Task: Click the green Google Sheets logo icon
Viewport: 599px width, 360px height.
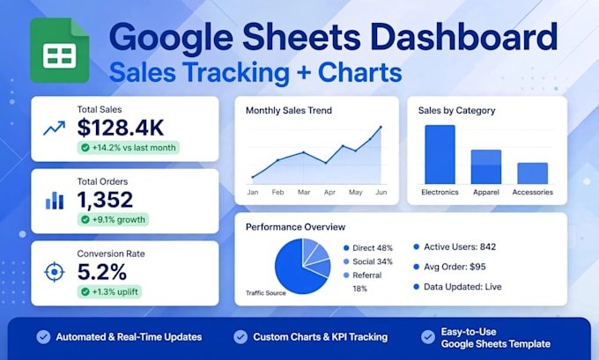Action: pyautogui.click(x=60, y=50)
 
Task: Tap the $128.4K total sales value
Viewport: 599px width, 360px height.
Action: pyautogui.click(x=121, y=128)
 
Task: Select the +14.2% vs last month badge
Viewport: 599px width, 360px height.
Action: pyautogui.click(x=129, y=148)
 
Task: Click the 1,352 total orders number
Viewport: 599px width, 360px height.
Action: pyautogui.click(x=105, y=199)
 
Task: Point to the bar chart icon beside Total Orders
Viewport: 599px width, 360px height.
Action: pyautogui.click(x=55, y=201)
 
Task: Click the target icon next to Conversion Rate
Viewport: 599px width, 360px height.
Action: pyautogui.click(x=55, y=272)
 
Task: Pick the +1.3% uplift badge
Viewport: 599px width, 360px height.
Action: pyautogui.click(x=109, y=291)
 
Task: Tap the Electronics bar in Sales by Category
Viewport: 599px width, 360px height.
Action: pyautogui.click(x=440, y=155)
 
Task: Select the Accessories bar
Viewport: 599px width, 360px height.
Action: pyautogui.click(x=533, y=173)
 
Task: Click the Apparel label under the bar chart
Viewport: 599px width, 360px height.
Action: pyautogui.click(x=486, y=192)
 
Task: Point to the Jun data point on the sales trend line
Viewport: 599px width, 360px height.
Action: pyautogui.click(x=381, y=127)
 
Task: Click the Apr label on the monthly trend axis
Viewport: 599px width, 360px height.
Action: pyautogui.click(x=329, y=192)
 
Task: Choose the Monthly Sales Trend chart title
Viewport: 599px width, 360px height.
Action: pyautogui.click(x=289, y=110)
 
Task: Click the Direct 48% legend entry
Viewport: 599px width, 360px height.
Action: pyautogui.click(x=368, y=248)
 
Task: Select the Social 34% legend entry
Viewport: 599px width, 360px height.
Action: pyautogui.click(x=368, y=261)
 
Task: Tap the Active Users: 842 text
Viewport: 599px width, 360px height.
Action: pyautogui.click(x=455, y=247)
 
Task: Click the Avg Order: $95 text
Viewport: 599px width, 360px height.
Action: pyautogui.click(x=450, y=267)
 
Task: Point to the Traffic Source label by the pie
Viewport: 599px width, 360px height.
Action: pyautogui.click(x=266, y=293)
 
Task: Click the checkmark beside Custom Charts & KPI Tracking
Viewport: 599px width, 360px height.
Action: pyautogui.click(x=240, y=337)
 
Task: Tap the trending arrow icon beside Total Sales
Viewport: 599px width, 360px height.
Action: pyautogui.click(x=55, y=129)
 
